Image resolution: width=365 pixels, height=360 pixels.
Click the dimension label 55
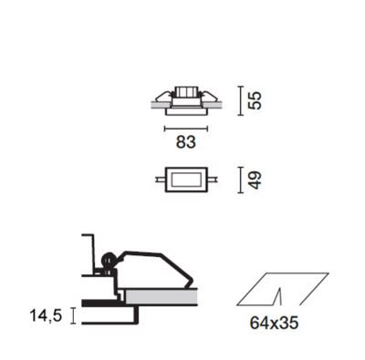(255, 100)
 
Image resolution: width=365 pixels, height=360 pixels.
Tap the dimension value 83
(186, 142)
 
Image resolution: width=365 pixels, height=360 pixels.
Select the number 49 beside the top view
(255, 180)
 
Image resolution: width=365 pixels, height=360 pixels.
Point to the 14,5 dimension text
(46, 315)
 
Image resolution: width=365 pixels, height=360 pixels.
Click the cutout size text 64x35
(274, 323)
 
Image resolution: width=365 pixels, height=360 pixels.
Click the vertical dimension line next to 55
(241, 101)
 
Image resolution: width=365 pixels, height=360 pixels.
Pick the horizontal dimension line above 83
(186, 129)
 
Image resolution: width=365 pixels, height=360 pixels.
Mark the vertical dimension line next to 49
(241, 180)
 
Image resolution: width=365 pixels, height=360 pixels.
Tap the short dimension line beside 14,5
(72, 315)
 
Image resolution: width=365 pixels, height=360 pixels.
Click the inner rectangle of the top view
(186, 180)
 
